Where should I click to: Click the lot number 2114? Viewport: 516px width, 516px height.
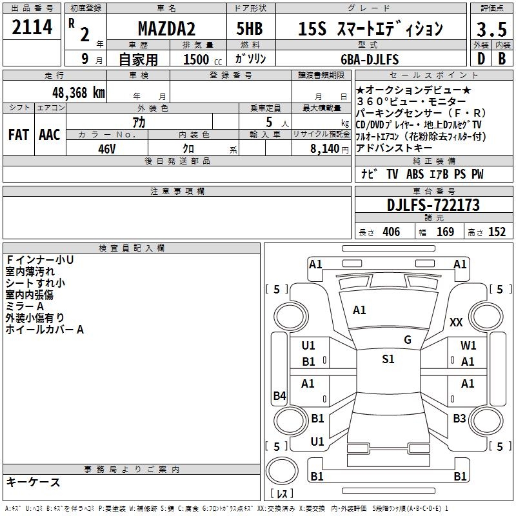click(32, 28)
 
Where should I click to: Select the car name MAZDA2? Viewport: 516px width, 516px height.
click(167, 29)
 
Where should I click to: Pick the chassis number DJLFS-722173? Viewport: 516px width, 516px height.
click(433, 205)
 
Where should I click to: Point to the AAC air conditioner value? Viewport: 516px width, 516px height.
click(49, 134)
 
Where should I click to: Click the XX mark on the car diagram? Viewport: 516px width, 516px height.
click(457, 322)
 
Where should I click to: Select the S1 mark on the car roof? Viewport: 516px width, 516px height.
click(388, 359)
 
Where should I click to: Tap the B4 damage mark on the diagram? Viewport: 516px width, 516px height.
click(279, 396)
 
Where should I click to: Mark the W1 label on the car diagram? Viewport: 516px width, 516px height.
click(468, 346)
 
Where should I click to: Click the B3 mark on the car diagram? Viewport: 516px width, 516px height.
click(459, 419)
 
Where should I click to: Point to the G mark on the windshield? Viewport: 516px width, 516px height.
click(407, 340)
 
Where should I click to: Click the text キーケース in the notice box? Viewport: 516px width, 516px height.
click(33, 482)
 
